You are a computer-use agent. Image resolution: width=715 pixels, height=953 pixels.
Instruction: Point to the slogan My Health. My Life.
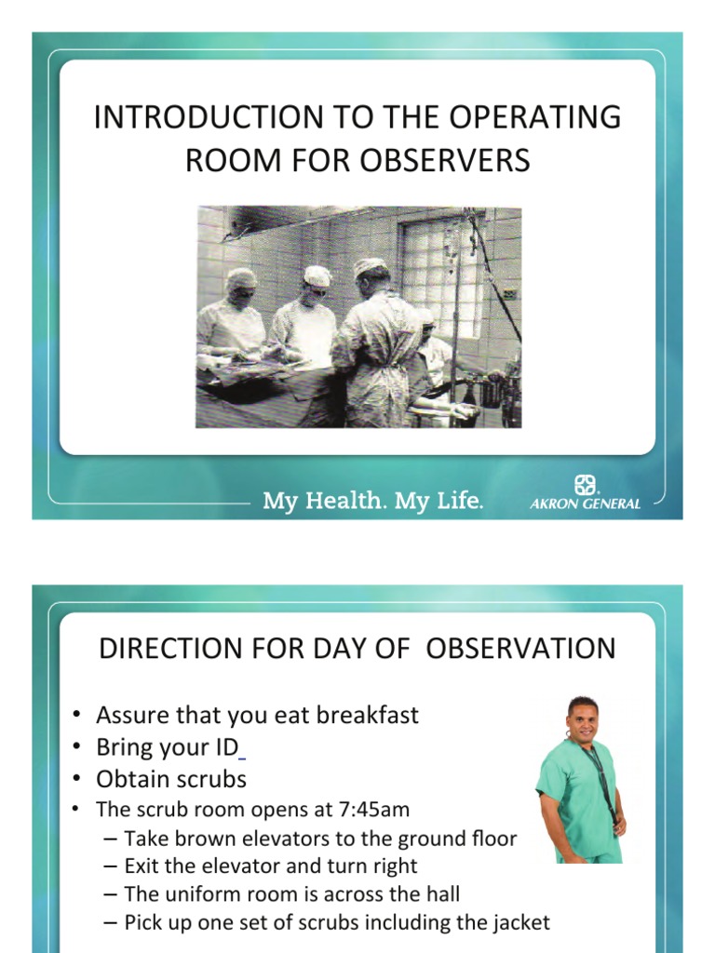(x=373, y=502)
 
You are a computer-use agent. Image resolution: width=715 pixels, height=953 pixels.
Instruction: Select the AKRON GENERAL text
(x=585, y=503)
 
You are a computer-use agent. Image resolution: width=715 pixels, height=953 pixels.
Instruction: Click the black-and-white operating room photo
(x=357, y=316)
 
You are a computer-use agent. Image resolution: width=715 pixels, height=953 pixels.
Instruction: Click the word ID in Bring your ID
(x=223, y=746)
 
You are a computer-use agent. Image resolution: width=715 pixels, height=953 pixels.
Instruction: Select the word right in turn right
(x=392, y=866)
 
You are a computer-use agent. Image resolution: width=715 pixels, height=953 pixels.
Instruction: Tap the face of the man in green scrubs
(x=583, y=718)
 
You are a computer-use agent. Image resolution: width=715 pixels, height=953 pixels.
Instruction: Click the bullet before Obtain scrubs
(x=77, y=778)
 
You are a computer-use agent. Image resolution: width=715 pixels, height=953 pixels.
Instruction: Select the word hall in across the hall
(x=442, y=894)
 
